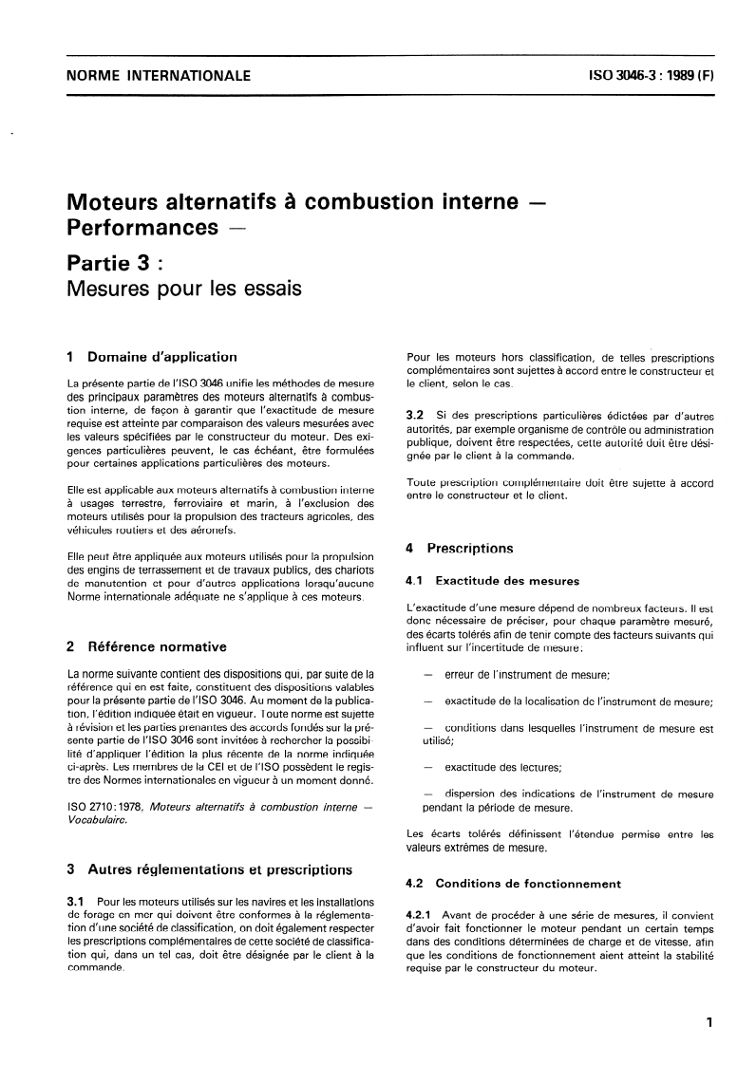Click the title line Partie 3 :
pyautogui.click(x=126, y=261)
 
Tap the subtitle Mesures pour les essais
pyautogui.click(x=183, y=288)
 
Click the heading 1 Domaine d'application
pyautogui.click(x=151, y=358)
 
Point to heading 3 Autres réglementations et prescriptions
pyautogui.click(x=208, y=869)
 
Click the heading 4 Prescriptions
pyautogui.click(x=460, y=548)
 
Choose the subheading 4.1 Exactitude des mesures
pyautogui.click(x=492, y=580)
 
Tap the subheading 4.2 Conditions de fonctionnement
pyautogui.click(x=513, y=882)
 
